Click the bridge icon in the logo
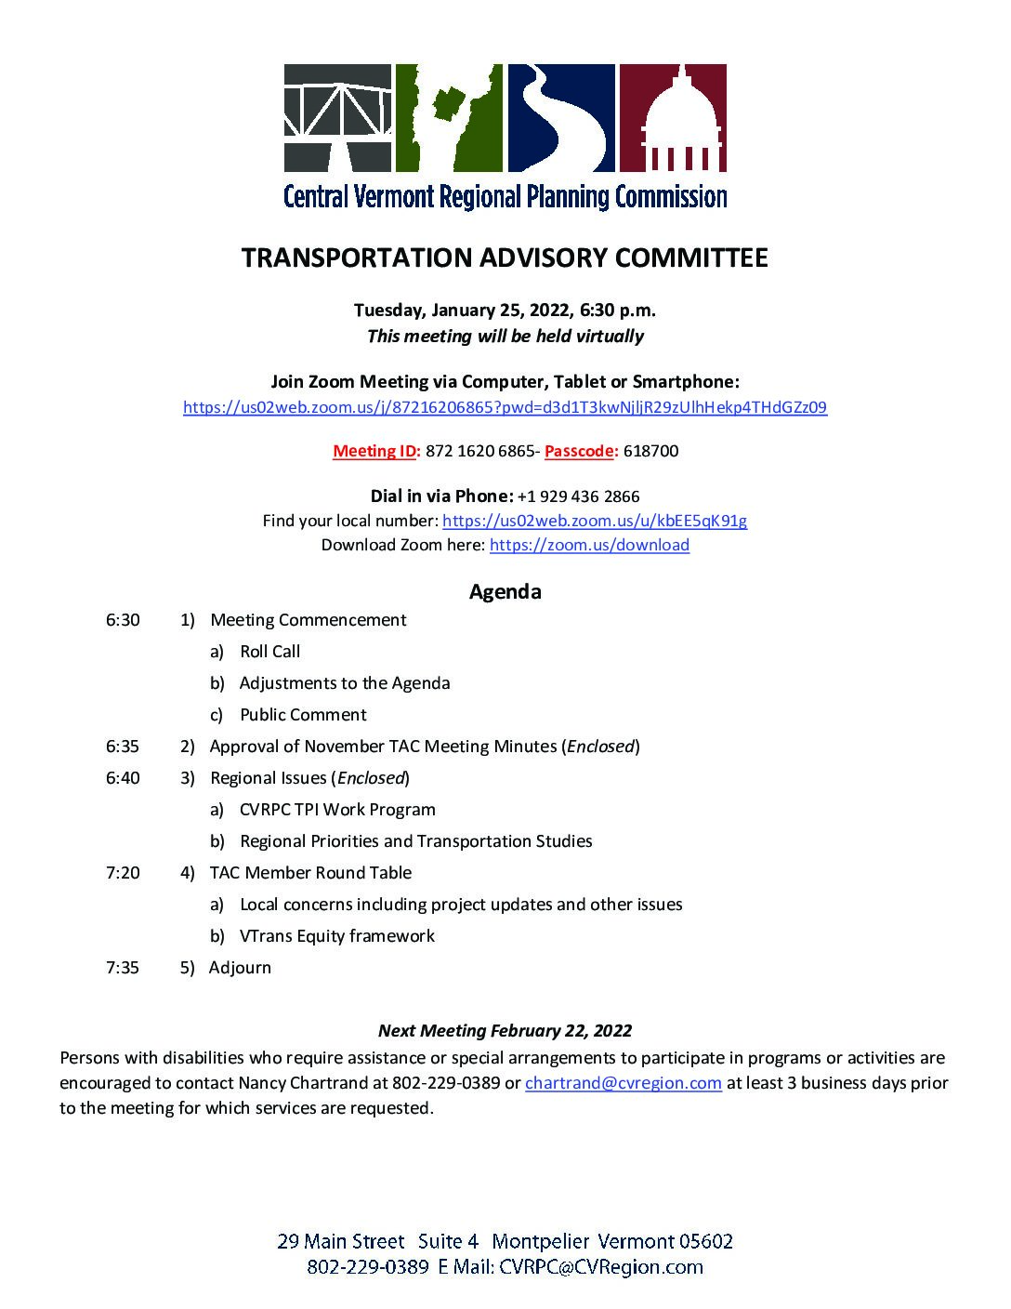(x=336, y=118)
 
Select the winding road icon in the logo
(x=560, y=118)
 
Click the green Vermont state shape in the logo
(x=449, y=118)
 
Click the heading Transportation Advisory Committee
(x=505, y=258)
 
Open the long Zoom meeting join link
(x=505, y=407)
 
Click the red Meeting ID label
(x=376, y=452)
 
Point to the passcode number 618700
(x=650, y=452)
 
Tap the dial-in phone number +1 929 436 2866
(x=578, y=496)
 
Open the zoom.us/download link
(x=589, y=546)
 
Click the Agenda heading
(x=505, y=591)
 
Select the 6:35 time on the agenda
(x=123, y=747)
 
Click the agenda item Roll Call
(x=269, y=652)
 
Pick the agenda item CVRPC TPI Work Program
(x=337, y=810)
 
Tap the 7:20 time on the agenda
(x=123, y=873)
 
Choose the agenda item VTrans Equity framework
(x=336, y=936)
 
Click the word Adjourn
(x=240, y=968)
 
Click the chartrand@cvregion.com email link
(x=624, y=1083)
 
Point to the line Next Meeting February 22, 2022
(x=505, y=1031)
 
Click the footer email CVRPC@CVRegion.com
(x=600, y=1267)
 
